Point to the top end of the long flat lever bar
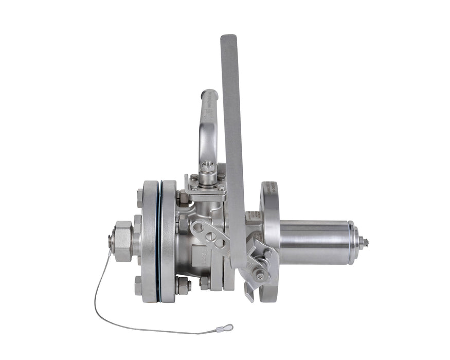pos(228,40)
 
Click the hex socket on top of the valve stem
pos(208,167)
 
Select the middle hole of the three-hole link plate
pos(211,236)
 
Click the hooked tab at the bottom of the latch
pos(249,296)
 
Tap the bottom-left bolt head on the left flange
pos(138,285)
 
